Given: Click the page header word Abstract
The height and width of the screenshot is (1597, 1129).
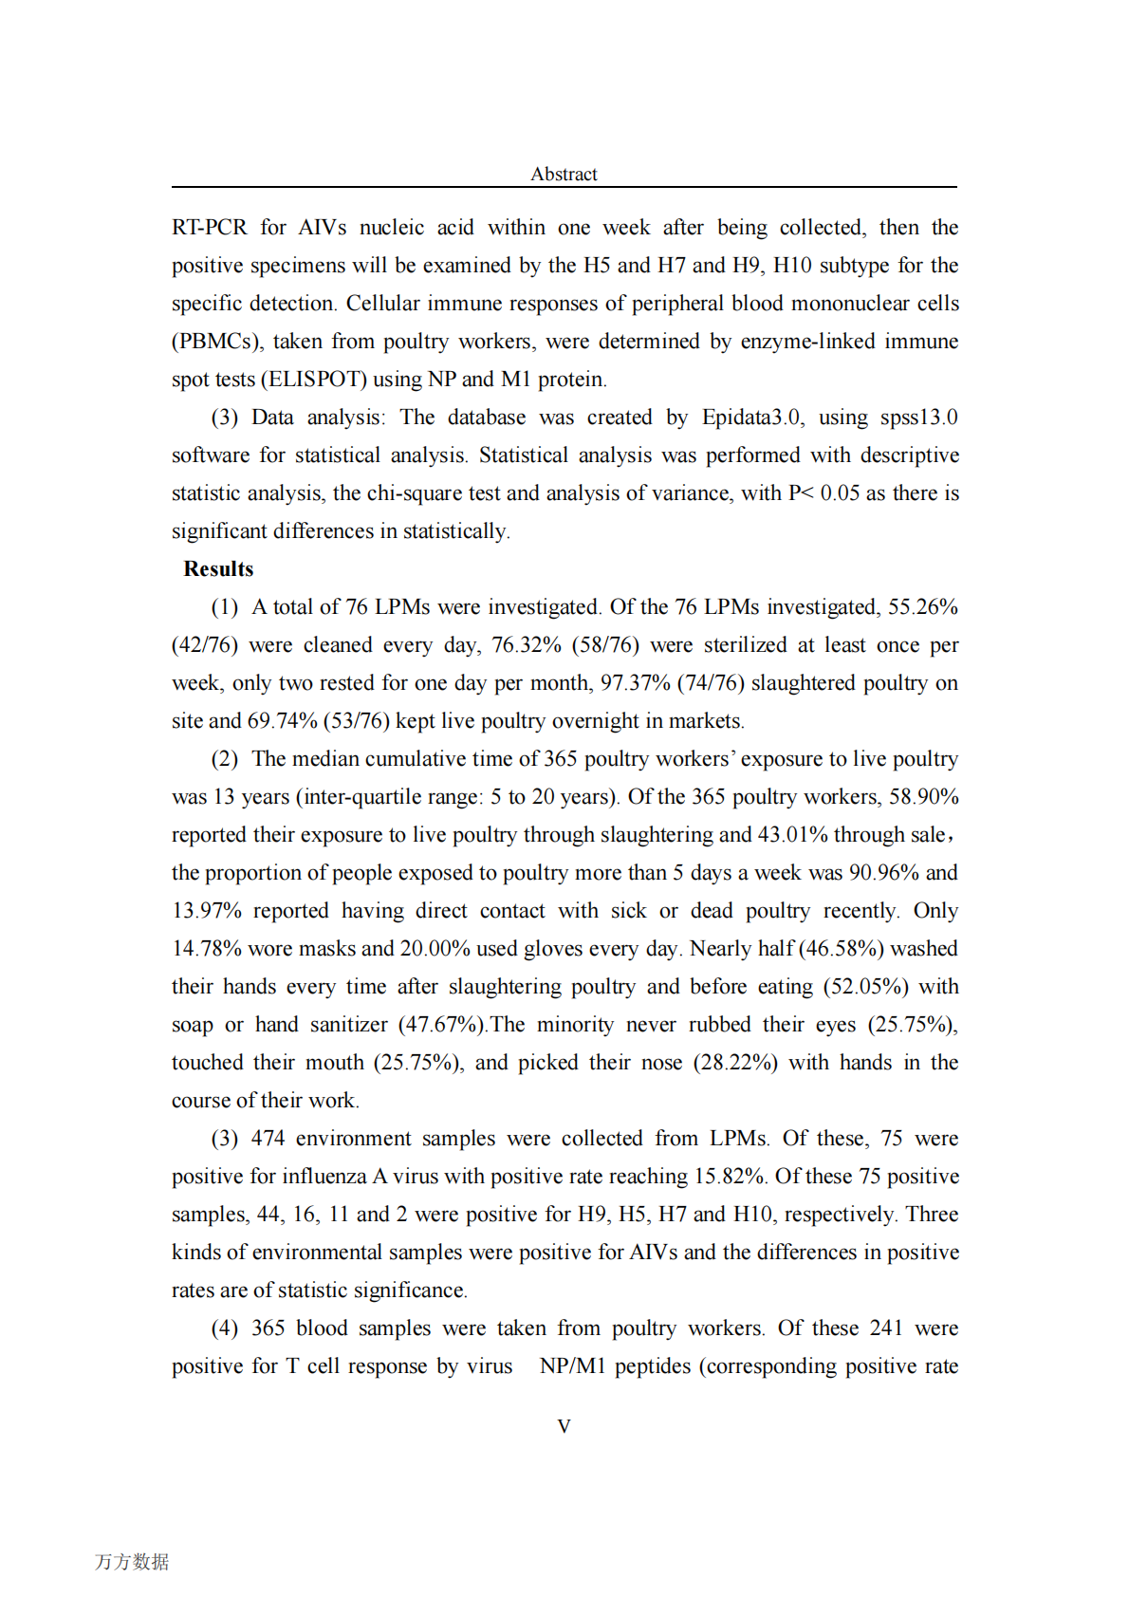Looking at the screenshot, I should (564, 174).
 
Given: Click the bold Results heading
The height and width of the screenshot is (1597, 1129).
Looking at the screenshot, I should (218, 568).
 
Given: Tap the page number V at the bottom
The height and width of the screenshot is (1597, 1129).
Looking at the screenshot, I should (564, 1426).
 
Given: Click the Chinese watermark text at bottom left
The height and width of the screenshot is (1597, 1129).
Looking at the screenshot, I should (132, 1561).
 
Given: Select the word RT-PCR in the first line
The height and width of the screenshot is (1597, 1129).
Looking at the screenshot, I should (209, 228).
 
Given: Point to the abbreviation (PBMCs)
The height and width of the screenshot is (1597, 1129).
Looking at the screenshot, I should (217, 342).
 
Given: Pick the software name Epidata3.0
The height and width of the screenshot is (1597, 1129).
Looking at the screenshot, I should (752, 418).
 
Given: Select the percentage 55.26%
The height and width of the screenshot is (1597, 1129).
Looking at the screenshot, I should (923, 607).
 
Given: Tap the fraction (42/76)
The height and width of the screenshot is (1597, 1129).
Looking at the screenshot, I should (204, 645).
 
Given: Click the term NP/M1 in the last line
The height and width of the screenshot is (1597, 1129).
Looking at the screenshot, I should (572, 1366).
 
